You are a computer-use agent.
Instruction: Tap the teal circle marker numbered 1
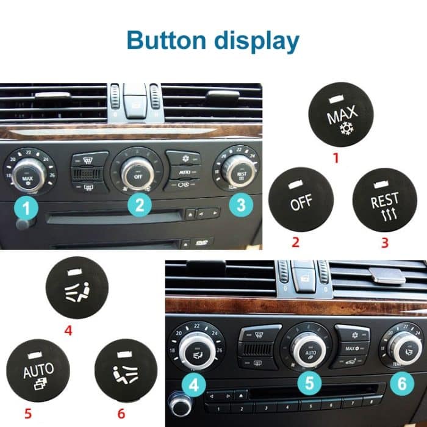(x=26, y=209)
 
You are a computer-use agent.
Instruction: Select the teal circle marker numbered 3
(x=241, y=205)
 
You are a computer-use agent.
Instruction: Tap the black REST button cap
(x=385, y=201)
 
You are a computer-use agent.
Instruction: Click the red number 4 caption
(x=68, y=332)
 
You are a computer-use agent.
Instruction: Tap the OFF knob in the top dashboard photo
(x=137, y=173)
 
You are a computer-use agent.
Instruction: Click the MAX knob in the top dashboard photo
(x=27, y=174)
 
